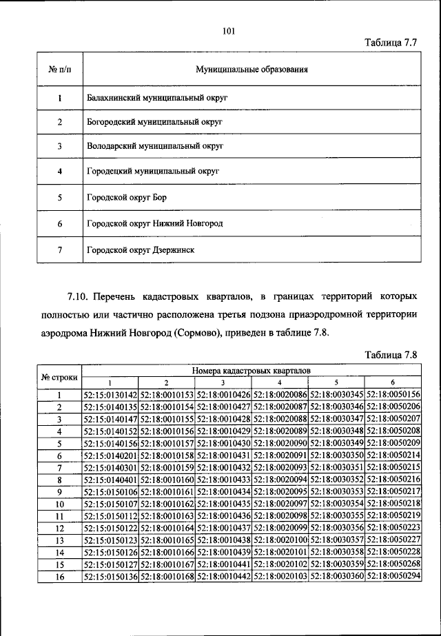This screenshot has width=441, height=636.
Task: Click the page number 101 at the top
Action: (x=229, y=30)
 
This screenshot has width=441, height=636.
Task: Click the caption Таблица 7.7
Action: (x=391, y=43)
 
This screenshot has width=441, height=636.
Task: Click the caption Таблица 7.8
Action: (x=391, y=355)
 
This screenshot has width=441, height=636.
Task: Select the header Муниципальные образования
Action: (x=251, y=70)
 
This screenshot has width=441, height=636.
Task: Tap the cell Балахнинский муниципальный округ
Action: (x=157, y=98)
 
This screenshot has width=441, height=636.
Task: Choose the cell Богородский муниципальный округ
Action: (x=155, y=122)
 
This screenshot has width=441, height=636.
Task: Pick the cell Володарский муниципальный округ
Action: (x=156, y=146)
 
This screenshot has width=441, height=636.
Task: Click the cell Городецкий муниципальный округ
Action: (x=153, y=170)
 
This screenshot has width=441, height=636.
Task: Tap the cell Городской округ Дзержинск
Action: (x=141, y=249)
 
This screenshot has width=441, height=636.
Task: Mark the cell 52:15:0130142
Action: (x=110, y=395)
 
